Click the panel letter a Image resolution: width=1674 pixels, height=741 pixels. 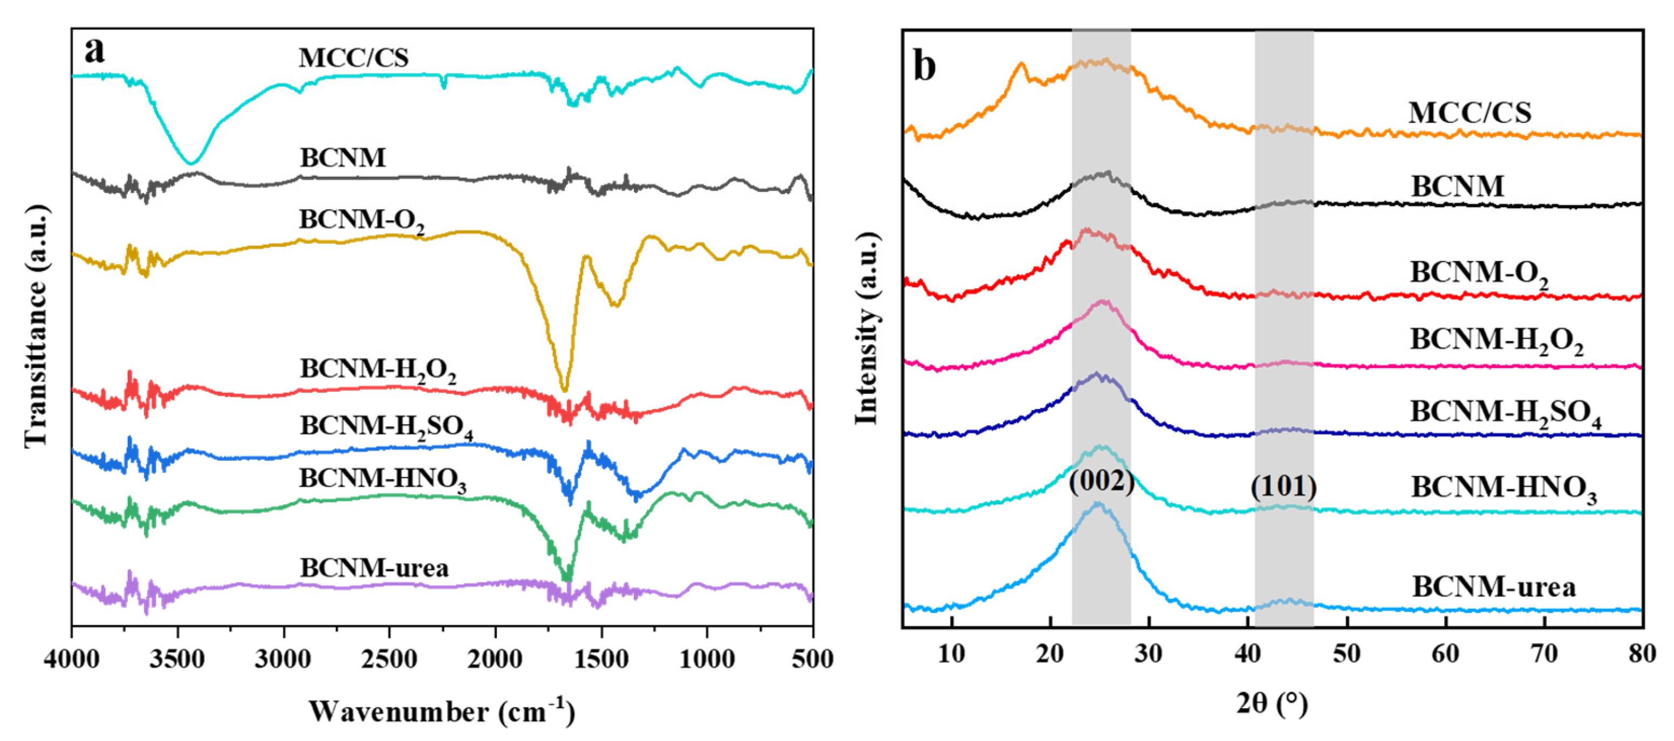tap(95, 51)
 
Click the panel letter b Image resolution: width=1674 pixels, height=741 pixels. tap(925, 67)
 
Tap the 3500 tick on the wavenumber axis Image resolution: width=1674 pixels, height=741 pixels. tap(177, 659)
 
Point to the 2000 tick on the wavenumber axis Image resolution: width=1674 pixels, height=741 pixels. tap(496, 659)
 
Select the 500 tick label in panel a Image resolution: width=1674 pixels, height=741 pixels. tap(811, 659)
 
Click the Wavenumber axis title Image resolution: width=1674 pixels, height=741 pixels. tap(442, 711)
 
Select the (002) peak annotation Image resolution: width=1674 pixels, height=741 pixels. tap(1102, 481)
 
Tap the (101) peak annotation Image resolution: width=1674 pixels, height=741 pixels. tap(1283, 487)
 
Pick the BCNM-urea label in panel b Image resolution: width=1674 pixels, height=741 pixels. tap(1494, 587)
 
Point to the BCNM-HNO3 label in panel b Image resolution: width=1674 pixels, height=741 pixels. tap(1503, 489)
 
